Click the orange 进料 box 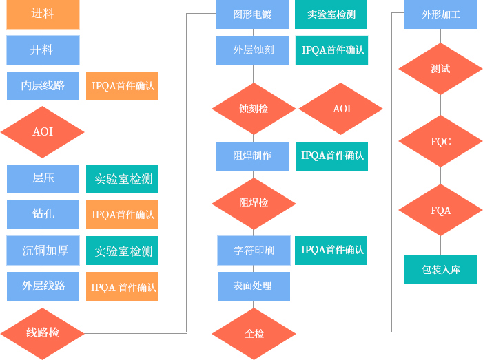coord(43,14)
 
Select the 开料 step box coord(43,50)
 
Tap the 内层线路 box coord(43,86)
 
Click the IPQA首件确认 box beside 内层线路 coord(123,86)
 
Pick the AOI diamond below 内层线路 coord(43,131)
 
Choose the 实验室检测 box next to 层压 coord(123,179)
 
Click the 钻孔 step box coord(43,214)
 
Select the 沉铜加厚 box coord(43,250)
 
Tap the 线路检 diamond coord(43,333)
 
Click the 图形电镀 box coord(252,14)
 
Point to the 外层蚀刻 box coord(252,50)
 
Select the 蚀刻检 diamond coord(254,109)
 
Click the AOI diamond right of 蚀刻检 coord(341,109)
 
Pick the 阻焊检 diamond coord(254,202)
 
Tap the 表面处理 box coord(254,286)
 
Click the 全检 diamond coord(254,334)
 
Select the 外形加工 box coord(440,14)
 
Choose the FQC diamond coord(440,142)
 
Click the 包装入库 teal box coord(440,270)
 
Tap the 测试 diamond coord(440,70)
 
